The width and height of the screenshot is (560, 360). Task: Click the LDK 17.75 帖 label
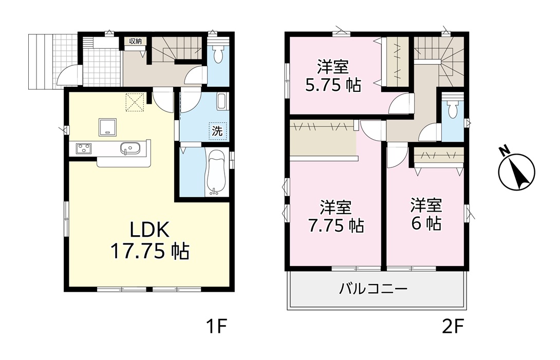click(150, 241)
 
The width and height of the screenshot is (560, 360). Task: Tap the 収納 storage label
click(135, 41)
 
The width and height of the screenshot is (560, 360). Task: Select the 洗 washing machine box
click(217, 131)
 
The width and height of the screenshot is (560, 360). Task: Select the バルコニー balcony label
click(373, 288)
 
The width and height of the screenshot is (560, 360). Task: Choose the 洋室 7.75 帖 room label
click(336, 216)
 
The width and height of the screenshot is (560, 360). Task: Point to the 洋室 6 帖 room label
click(426, 214)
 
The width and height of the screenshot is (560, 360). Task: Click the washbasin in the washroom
click(221, 102)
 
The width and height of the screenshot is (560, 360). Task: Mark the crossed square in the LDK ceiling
click(135, 103)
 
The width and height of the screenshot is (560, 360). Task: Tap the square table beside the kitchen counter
click(107, 127)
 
